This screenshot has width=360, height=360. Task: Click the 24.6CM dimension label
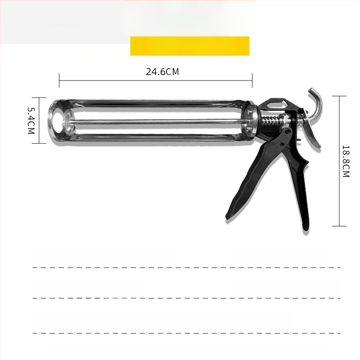click(x=162, y=72)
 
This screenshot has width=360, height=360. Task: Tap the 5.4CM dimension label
click(x=31, y=121)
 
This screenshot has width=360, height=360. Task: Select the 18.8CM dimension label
click(x=346, y=161)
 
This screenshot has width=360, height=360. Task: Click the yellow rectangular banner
click(x=189, y=46)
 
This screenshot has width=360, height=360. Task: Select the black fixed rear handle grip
click(x=298, y=179)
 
